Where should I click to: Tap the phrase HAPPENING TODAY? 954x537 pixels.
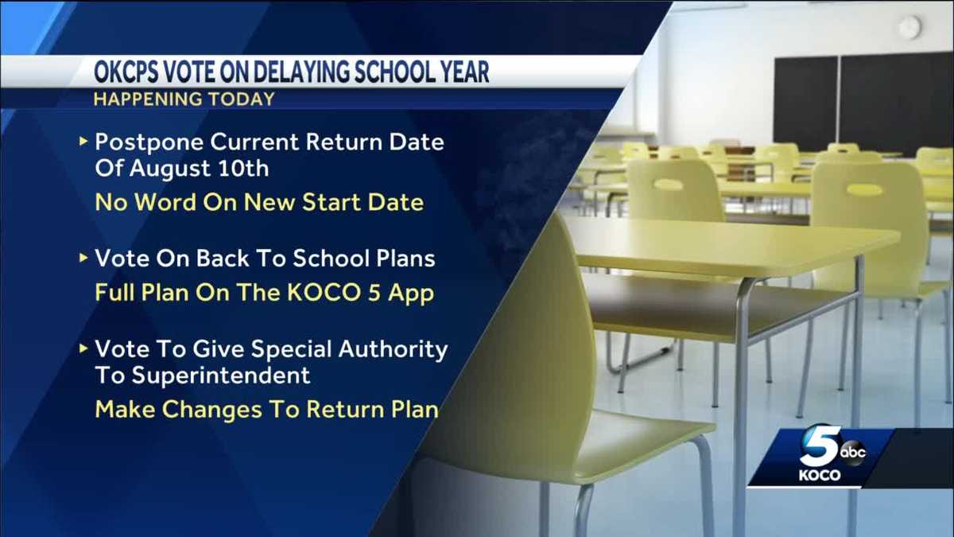point(184,99)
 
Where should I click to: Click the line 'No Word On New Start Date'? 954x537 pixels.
point(259,202)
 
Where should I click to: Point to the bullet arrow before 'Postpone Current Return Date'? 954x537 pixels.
point(83,142)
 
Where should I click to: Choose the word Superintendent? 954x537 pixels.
point(203,374)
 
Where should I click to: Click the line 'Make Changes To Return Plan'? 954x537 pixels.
point(266,409)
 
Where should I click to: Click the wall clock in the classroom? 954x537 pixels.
point(909,27)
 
